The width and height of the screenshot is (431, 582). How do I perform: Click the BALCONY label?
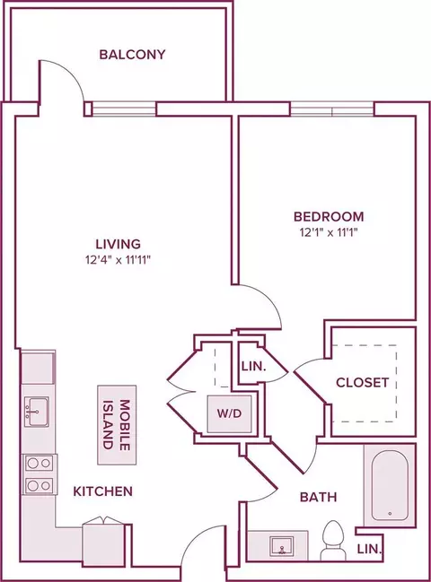pos(132,55)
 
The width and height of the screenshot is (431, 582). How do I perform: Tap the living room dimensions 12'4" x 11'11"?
pos(118,260)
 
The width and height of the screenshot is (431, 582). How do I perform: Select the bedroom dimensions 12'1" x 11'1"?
pos(329,233)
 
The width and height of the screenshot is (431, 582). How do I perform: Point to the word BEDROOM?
pos(329,216)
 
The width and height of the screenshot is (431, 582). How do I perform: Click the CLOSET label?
pos(362,382)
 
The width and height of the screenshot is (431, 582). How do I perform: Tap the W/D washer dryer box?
pos(230,414)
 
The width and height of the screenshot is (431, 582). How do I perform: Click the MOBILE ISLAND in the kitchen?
pos(117,425)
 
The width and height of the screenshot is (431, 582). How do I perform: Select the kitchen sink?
pos(37,412)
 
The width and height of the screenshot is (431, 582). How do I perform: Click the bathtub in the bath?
pos(390,485)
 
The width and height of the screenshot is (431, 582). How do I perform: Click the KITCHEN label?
pos(103,491)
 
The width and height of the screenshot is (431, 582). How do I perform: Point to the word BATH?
pos(319,497)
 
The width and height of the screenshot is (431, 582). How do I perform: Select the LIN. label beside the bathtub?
pos(370,549)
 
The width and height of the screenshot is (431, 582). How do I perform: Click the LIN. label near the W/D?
pos(254,367)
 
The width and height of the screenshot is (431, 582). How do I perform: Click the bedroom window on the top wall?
pos(332,109)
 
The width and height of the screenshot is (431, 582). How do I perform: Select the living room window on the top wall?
pos(124,109)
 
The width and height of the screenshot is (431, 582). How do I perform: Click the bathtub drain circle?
pos(390,514)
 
